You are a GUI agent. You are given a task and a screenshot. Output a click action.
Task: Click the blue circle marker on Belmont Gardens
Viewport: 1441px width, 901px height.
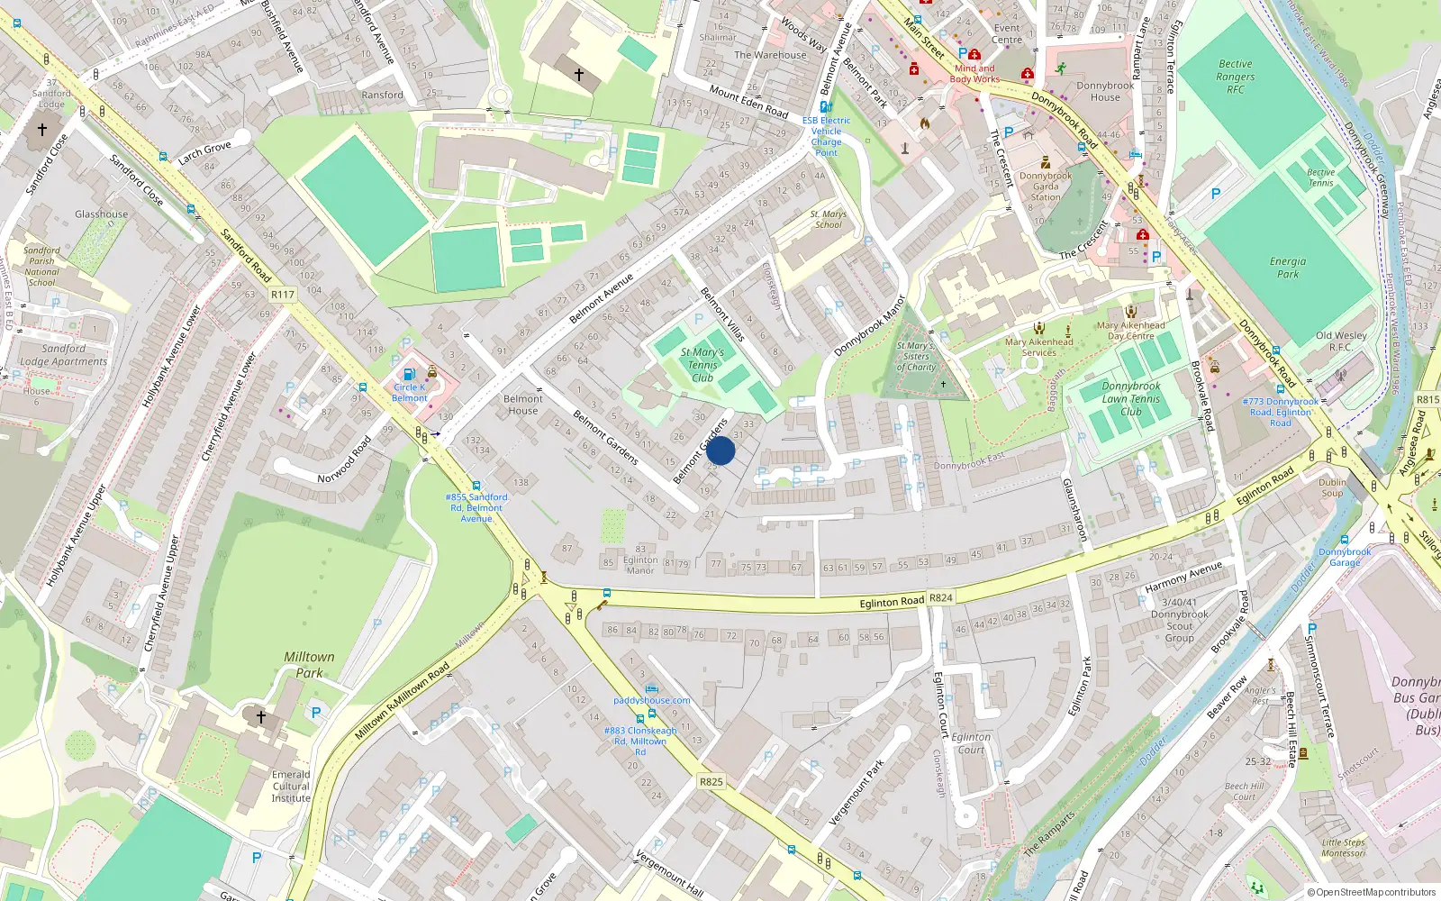(720, 450)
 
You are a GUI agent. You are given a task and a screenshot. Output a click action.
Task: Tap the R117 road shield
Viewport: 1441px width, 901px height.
(283, 295)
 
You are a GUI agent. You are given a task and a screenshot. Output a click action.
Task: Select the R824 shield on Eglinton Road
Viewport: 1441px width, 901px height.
(941, 597)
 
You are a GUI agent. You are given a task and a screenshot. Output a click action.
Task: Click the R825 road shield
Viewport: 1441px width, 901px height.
(711, 781)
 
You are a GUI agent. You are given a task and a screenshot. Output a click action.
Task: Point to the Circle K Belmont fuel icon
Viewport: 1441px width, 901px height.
(410, 374)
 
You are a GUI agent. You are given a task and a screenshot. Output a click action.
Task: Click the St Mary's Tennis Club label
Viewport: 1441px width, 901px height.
(702, 365)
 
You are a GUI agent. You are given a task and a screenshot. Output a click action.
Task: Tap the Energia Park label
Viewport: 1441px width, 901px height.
(1288, 268)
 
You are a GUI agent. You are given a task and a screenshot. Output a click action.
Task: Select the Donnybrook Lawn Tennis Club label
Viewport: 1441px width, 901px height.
(1131, 398)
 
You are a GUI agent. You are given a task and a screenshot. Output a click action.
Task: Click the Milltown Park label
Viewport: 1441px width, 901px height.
(309, 665)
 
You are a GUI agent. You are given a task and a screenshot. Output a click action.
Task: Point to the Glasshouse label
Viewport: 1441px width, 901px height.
(101, 214)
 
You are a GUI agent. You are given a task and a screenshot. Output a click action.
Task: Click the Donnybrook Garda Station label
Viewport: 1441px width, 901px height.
(1046, 187)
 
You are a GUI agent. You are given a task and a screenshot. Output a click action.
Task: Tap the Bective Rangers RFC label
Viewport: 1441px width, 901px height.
(1235, 77)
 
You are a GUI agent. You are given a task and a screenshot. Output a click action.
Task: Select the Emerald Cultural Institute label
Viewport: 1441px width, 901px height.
(291, 787)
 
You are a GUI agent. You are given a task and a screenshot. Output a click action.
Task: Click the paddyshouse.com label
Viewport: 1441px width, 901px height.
(652, 700)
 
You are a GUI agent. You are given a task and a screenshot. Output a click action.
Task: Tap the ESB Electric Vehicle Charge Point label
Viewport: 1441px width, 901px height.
(826, 136)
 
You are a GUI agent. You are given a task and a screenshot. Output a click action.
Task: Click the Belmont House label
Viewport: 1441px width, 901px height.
(522, 405)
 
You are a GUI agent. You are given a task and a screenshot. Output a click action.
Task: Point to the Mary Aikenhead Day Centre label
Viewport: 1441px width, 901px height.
(1130, 331)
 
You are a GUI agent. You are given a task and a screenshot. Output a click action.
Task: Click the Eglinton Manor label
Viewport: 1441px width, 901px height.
(640, 565)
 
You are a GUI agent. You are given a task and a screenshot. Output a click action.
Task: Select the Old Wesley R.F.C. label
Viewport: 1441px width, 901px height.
(1341, 341)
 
